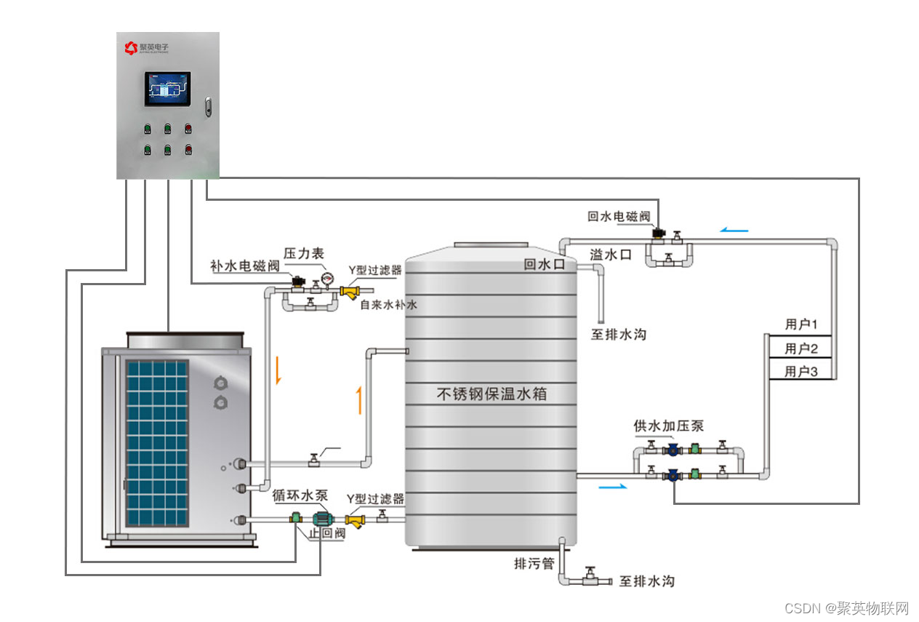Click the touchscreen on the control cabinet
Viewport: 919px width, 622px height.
point(167,89)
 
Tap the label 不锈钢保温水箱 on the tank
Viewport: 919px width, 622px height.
point(491,395)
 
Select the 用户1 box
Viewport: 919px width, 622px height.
point(801,324)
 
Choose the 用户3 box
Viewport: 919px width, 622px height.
point(801,372)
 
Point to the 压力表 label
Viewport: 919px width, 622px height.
point(303,253)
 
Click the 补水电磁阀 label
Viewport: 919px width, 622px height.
point(244,266)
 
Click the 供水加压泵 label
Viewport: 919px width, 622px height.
point(668,426)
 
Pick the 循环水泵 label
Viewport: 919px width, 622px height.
point(300,495)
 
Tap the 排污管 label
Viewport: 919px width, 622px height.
point(534,564)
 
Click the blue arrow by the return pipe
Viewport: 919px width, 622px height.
point(734,230)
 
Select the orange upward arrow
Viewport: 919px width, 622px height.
point(358,400)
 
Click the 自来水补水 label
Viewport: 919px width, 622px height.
point(389,305)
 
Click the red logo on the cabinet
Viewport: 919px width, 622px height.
point(131,48)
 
